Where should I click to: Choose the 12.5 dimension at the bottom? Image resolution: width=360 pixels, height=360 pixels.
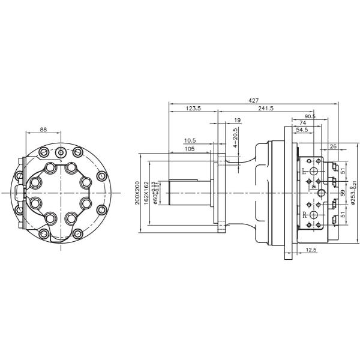pos(311,249)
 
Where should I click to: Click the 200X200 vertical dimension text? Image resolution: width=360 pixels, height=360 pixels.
pos(137,193)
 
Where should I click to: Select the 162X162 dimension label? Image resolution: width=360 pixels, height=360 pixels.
pos(147,193)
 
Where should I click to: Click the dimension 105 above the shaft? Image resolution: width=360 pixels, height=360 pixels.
pos(190,148)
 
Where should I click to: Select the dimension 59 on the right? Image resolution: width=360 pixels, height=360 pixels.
pos(343,193)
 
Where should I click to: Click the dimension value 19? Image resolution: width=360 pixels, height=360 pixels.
pos(238,121)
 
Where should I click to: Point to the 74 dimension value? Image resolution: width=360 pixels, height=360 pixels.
pos(304,122)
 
